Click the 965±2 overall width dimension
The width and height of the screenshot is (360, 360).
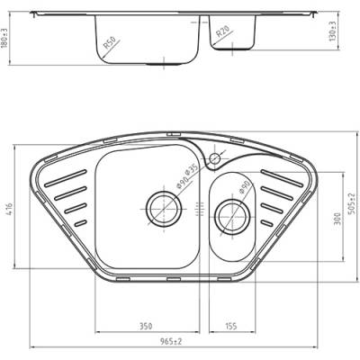(171, 341)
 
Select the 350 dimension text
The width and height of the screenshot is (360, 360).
(146, 326)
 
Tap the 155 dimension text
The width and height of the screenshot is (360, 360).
(230, 326)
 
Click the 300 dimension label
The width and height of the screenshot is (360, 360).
(337, 219)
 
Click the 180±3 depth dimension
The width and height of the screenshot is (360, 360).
(4, 40)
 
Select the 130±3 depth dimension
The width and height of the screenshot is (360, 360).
(332, 31)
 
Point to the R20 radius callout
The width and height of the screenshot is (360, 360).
(223, 31)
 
